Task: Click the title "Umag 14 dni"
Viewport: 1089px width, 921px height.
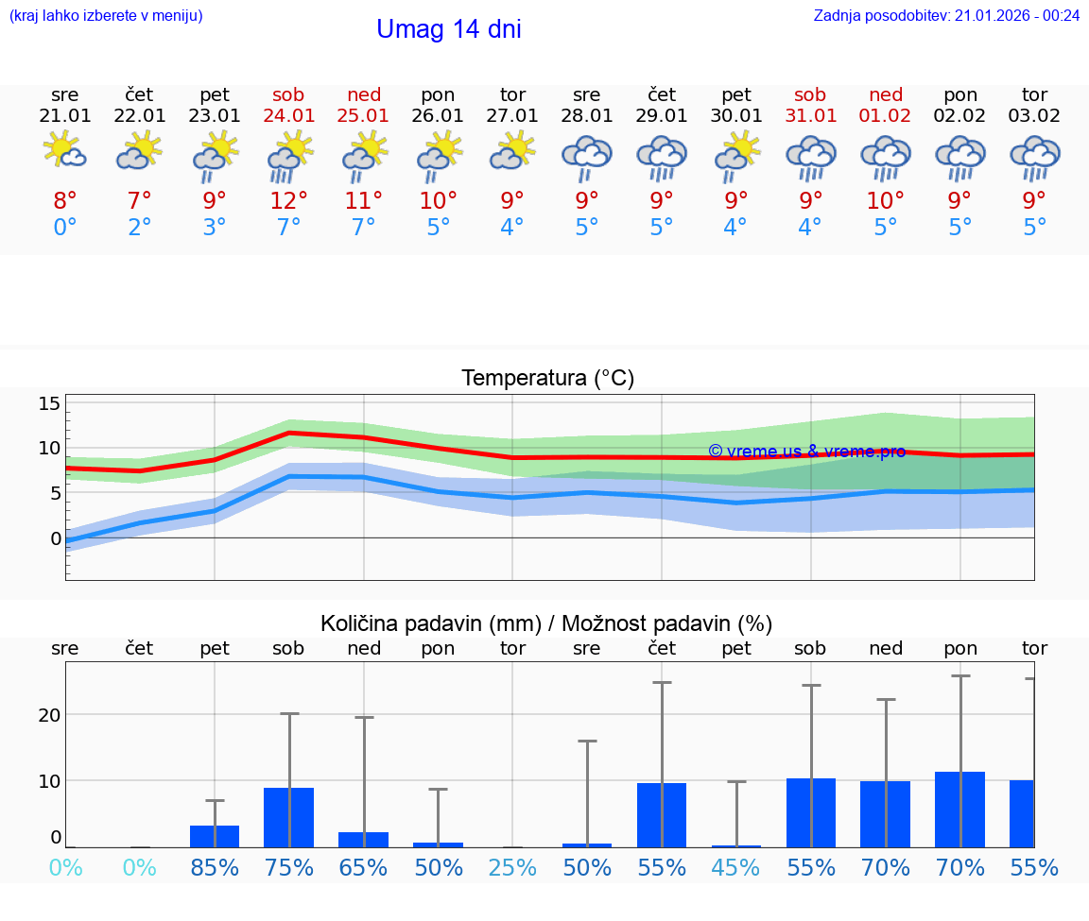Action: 448,29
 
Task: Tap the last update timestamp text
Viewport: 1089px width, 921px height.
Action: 946,15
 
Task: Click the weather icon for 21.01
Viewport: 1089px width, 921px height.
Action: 65,151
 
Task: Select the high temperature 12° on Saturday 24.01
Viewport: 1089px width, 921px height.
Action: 289,200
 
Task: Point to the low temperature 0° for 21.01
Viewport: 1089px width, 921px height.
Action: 65,228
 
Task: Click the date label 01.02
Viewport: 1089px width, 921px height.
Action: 886,115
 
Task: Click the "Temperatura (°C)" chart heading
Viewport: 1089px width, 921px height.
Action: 547,378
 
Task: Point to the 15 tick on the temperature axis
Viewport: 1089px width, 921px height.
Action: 49,403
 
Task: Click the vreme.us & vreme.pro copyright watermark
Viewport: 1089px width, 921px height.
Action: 806,452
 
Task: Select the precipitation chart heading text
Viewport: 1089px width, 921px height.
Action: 546,623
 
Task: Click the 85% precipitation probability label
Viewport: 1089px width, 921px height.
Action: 215,867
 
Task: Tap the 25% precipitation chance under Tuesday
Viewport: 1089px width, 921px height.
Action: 512,867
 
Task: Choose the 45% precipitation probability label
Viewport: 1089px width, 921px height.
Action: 736,867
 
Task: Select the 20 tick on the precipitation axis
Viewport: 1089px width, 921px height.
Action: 49,714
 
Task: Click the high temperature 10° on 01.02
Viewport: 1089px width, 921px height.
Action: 886,200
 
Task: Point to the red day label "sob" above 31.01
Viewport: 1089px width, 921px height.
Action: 810,94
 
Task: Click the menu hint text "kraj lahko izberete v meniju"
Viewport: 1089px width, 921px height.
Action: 106,15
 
